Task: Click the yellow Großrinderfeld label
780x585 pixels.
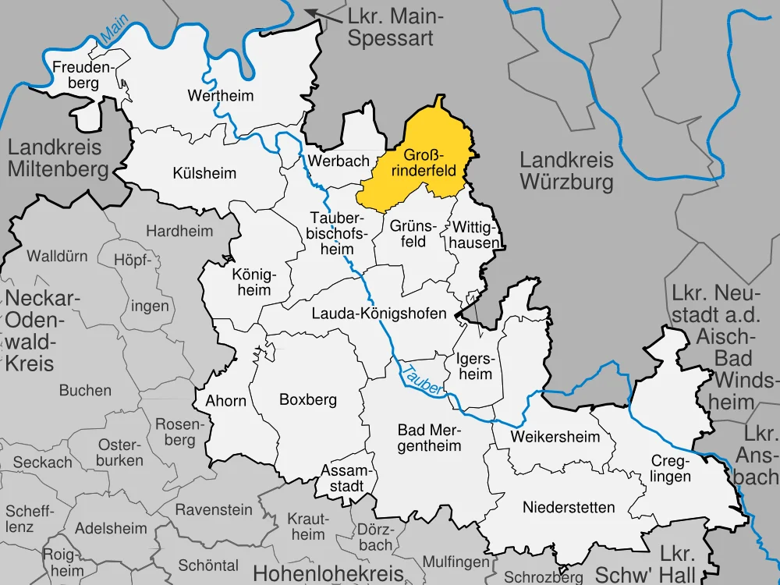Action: [x=430, y=162]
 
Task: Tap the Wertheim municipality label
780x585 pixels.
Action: [x=221, y=96]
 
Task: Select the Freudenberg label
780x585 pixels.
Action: [x=83, y=75]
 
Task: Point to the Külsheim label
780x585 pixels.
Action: [x=204, y=173]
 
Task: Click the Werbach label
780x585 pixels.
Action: [x=339, y=161]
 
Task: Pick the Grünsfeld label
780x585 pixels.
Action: [x=408, y=233]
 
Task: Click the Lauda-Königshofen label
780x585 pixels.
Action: [x=378, y=314]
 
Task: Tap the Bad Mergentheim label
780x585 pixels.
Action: [x=429, y=438]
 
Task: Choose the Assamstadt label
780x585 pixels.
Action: [x=343, y=478]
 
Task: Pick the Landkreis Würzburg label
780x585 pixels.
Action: [x=566, y=172]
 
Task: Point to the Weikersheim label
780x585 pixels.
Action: [x=555, y=437]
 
